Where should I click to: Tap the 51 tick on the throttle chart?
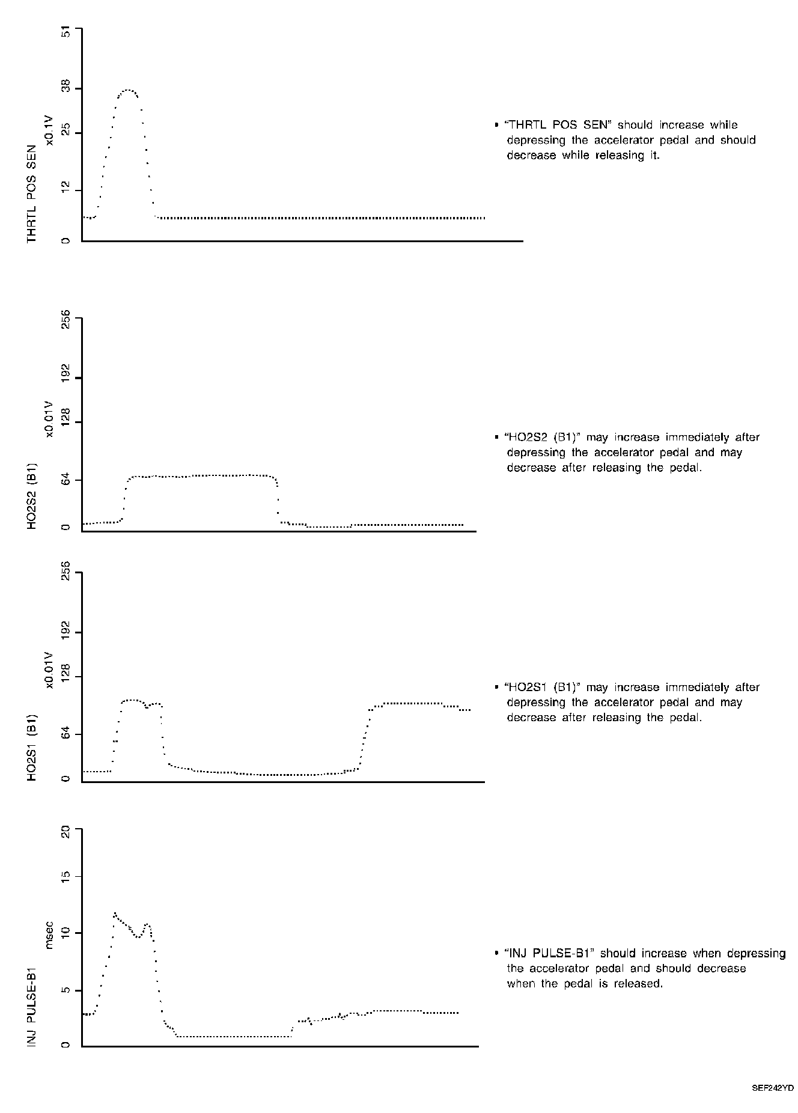[x=65, y=32]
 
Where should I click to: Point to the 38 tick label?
[x=65, y=88]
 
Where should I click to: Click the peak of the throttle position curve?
[x=127, y=90]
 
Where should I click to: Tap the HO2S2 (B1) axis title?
[x=32, y=496]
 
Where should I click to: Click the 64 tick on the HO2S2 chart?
[x=65, y=480]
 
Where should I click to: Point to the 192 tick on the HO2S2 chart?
[x=65, y=377]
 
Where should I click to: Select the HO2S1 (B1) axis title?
[x=32, y=748]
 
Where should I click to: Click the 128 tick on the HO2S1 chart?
[x=65, y=676]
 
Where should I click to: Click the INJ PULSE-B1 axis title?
[x=32, y=1005]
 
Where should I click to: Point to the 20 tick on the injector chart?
[x=65, y=832]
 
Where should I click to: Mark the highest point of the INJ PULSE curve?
[x=114, y=913]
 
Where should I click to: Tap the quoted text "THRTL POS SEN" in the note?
[x=558, y=125]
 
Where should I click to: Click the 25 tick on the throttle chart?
[x=65, y=132]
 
